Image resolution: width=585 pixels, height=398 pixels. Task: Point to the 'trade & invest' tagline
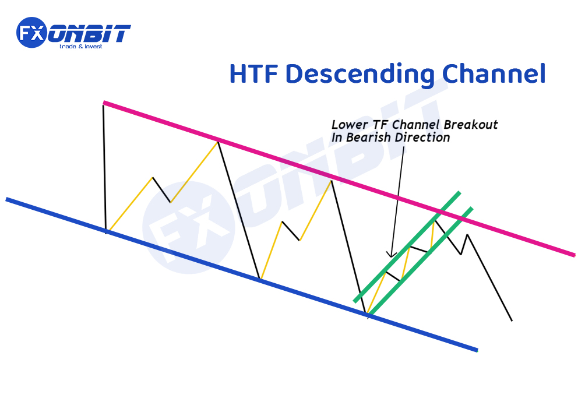coord(81,47)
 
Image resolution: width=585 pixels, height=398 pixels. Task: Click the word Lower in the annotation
coord(347,125)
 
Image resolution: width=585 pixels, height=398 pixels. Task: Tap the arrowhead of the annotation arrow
coord(392,254)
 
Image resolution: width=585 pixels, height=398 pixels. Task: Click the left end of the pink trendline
coord(104,103)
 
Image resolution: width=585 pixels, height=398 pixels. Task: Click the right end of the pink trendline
coord(574,255)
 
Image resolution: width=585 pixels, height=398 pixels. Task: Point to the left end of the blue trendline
coord(7,199)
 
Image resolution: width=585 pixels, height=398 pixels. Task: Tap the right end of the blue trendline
coord(477,350)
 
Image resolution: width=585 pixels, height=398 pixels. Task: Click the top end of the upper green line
coord(459,192)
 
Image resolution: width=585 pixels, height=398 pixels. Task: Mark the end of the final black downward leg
coord(512,320)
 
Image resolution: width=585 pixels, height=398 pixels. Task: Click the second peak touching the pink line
coord(218,140)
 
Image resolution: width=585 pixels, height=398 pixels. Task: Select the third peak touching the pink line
coord(332,180)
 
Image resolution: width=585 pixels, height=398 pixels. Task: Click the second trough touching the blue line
coord(260,279)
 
